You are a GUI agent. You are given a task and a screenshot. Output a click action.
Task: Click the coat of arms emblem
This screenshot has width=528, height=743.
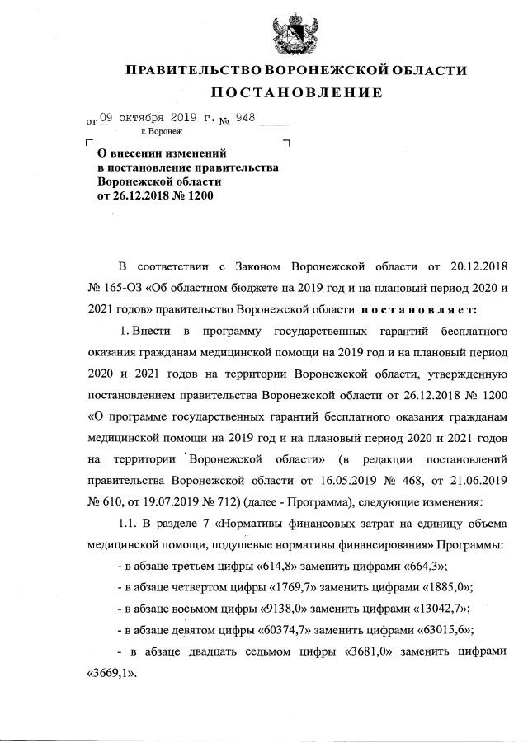295,33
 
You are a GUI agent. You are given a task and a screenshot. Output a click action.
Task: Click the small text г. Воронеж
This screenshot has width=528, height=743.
162,132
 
